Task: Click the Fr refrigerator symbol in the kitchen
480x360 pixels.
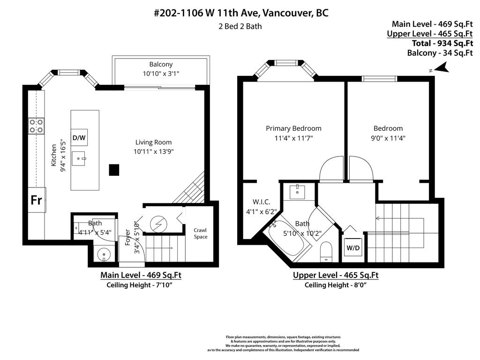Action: pos(36,200)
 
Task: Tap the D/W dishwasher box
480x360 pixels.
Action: pos(79,138)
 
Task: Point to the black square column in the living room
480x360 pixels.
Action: pos(114,170)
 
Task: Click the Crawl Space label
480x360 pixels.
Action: pos(201,233)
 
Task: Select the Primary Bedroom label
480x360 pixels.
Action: pos(293,128)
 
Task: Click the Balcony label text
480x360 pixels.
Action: pos(161,64)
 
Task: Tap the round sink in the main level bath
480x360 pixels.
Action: pos(103,255)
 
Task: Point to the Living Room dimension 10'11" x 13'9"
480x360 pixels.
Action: pos(154,151)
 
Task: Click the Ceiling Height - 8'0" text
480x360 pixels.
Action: pos(335,285)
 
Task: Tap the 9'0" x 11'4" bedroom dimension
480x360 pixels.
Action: pos(388,138)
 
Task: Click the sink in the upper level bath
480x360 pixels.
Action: pos(298,192)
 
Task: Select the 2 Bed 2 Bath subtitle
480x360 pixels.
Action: pos(240,26)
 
